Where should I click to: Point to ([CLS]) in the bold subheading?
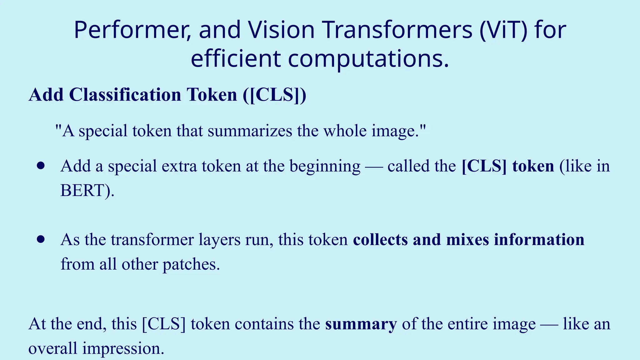pos(275,95)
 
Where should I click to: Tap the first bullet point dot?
pos(41,166)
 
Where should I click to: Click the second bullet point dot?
pos(41,239)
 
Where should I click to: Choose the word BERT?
pos(82,190)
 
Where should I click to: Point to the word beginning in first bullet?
pos(325,167)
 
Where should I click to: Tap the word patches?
pos(191,264)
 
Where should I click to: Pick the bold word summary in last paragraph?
pos(361,324)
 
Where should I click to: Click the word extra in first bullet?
pos(179,166)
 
